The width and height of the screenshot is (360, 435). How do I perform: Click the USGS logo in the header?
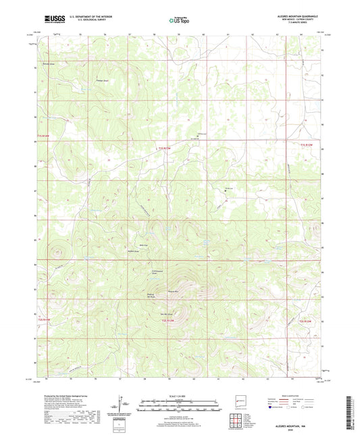[x=54, y=20]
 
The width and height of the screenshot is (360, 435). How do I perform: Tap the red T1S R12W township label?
[x=307, y=144]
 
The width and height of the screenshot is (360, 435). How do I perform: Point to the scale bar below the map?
[x=180, y=404]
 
